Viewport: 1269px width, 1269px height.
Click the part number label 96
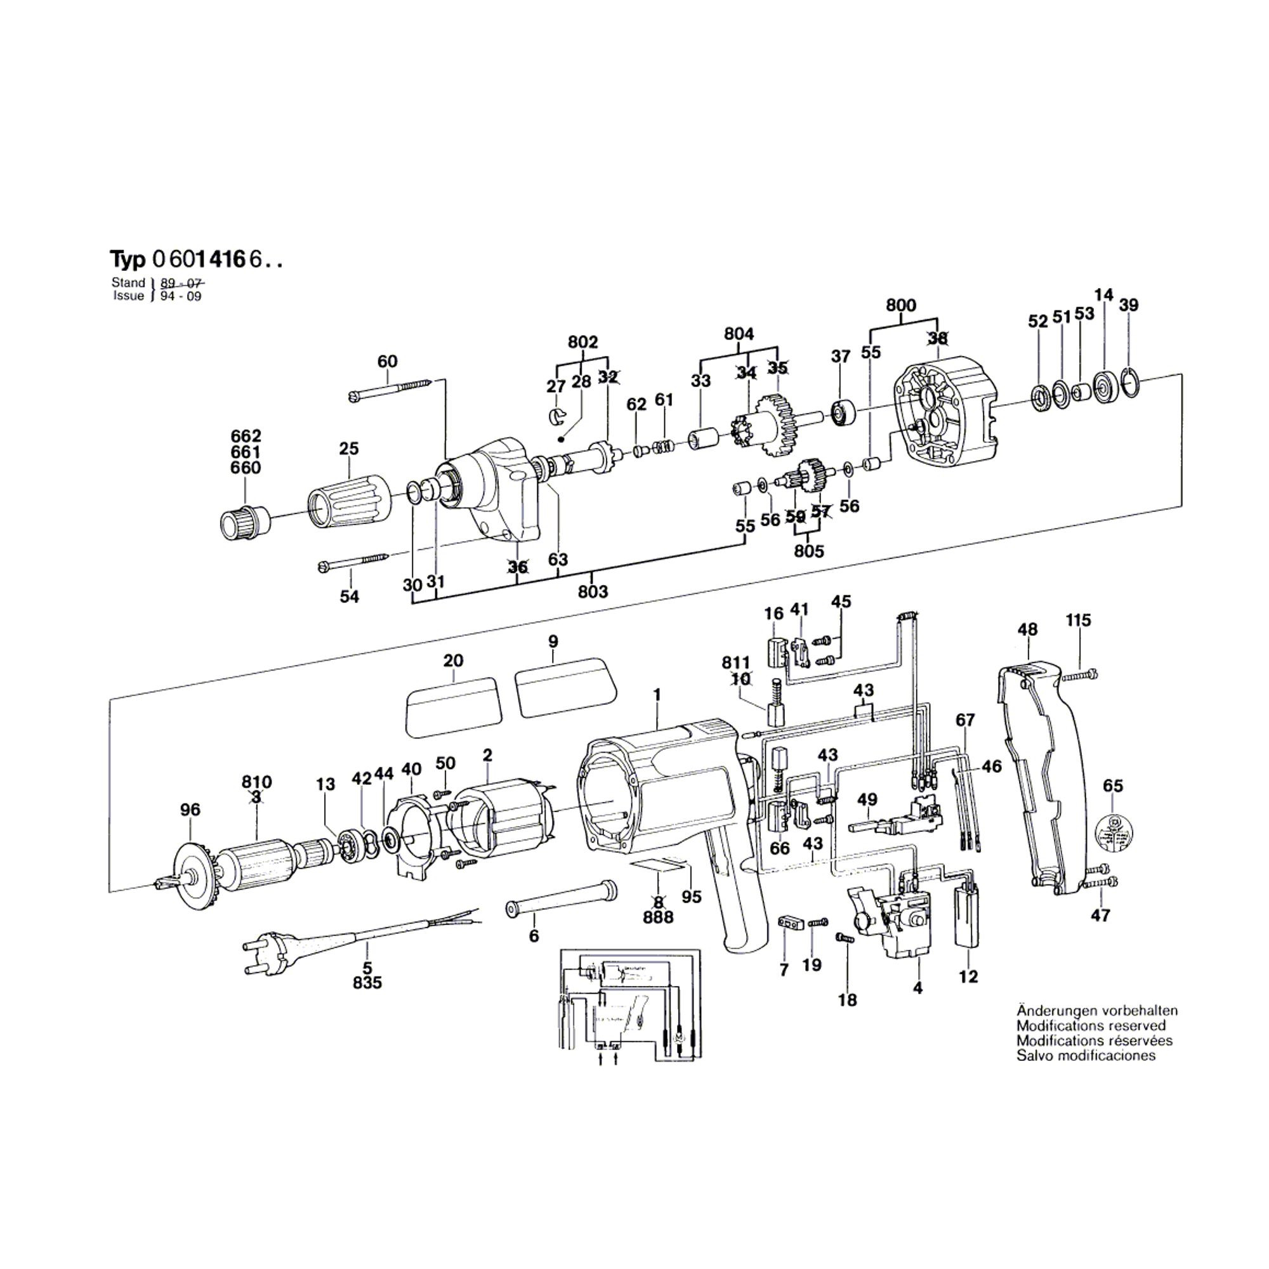[190, 810]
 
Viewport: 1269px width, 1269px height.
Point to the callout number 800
[900, 305]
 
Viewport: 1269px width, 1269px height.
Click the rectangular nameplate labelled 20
[453, 705]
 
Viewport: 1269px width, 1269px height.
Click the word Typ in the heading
[128, 260]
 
